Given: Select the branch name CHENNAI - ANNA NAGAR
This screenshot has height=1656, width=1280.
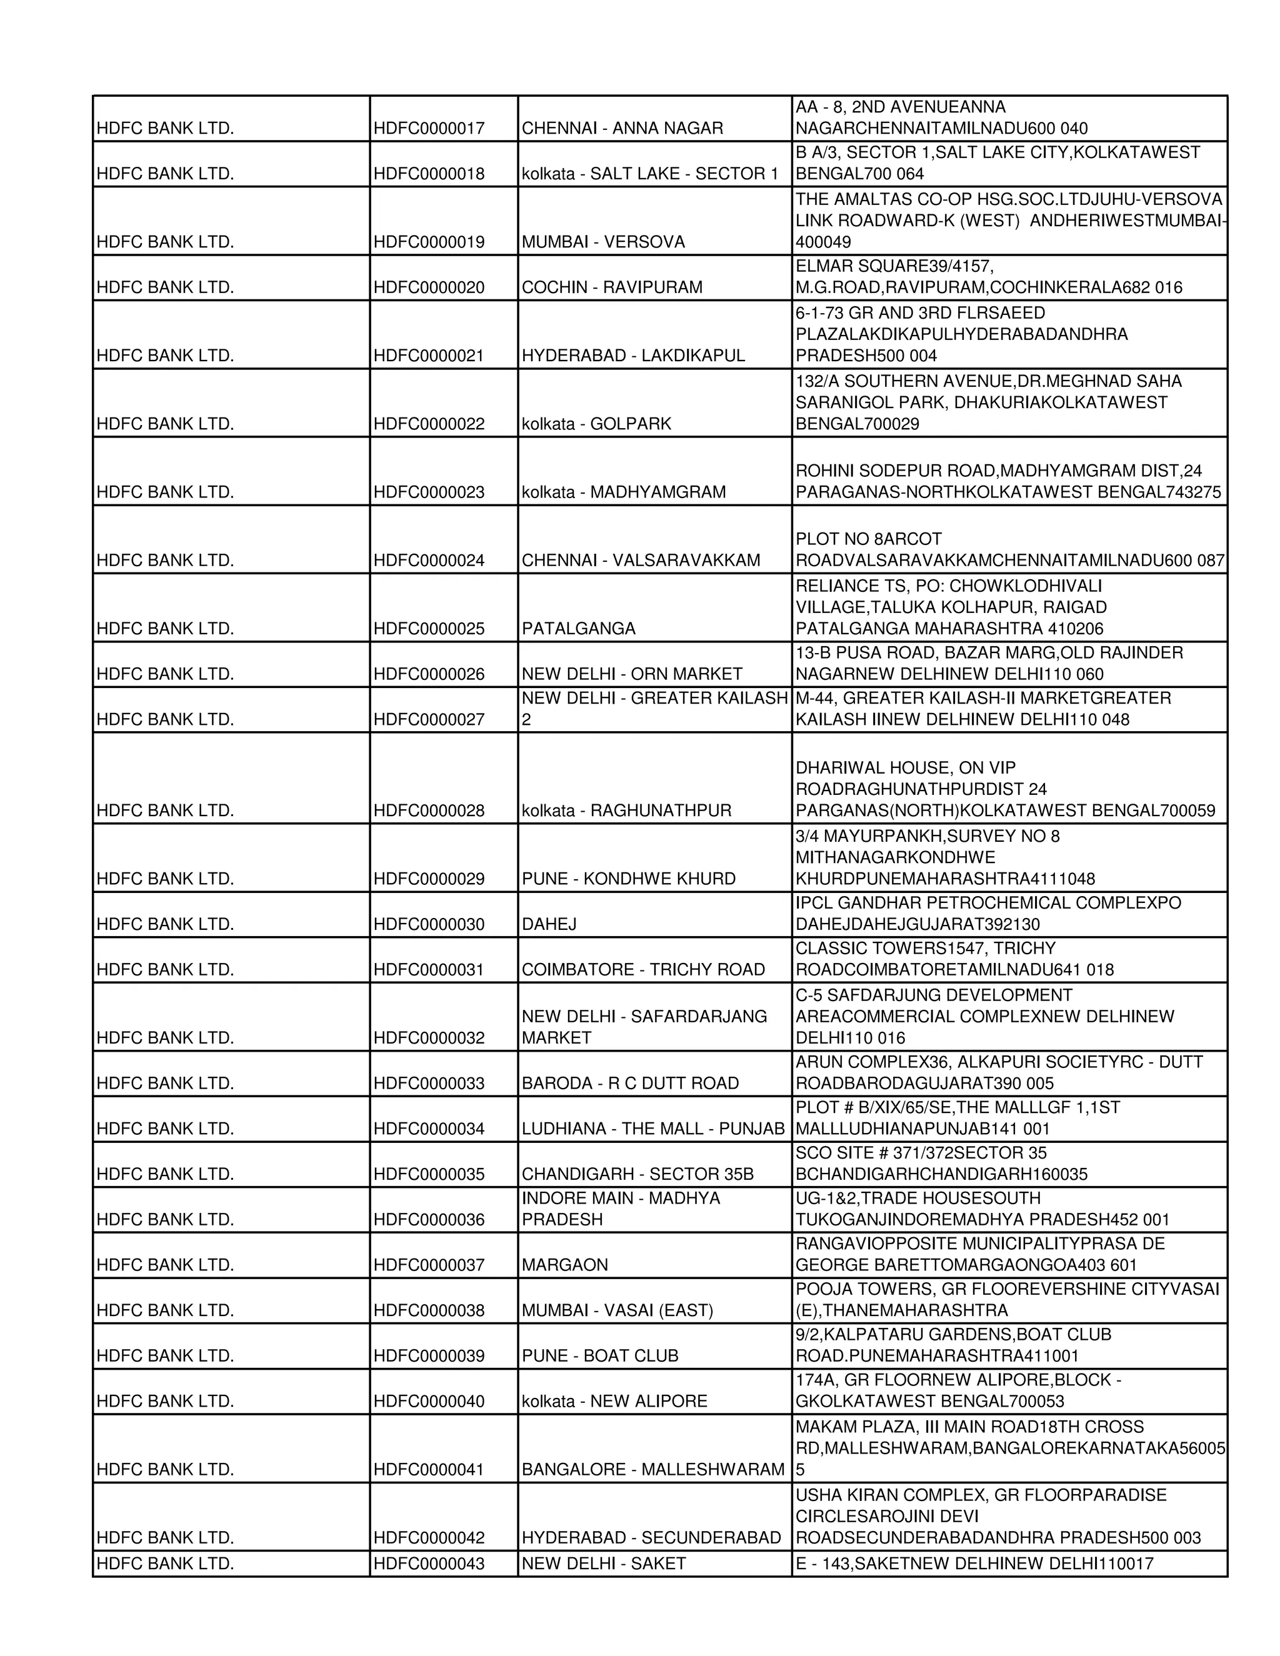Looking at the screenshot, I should (x=622, y=128).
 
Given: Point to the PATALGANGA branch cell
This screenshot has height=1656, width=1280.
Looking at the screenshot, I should (x=579, y=629).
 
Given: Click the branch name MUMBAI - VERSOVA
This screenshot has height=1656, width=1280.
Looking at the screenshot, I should (x=603, y=242).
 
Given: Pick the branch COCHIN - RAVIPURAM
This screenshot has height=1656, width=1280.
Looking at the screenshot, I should (x=612, y=287).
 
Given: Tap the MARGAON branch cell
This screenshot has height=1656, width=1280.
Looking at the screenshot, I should (x=565, y=1265).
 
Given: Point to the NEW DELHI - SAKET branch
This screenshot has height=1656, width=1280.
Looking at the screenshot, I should (x=604, y=1564).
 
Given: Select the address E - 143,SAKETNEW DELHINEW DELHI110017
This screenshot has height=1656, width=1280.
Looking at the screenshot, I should (x=974, y=1564).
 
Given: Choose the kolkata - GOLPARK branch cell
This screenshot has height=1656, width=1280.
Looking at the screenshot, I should (x=596, y=424).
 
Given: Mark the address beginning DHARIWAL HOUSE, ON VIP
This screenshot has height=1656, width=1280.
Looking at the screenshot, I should (x=1005, y=789).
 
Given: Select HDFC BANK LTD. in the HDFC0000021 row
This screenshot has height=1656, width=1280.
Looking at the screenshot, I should (x=165, y=356).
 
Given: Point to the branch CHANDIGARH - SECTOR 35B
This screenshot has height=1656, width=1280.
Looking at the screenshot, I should (x=637, y=1174).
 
